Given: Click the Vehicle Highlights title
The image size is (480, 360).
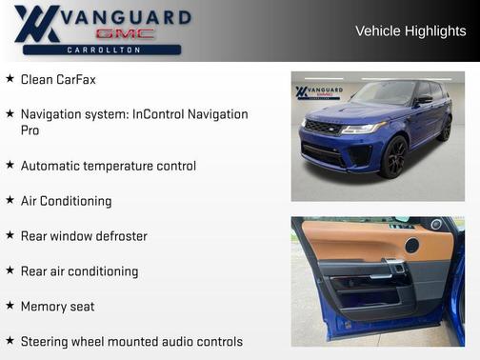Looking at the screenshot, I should tap(410, 31).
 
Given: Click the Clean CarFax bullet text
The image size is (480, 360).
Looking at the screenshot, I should tap(58, 79).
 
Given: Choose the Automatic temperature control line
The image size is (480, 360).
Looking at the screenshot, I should tap(108, 166).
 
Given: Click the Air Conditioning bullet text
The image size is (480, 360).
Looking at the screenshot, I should tap(66, 201).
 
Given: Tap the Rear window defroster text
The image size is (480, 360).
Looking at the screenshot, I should tap(84, 236).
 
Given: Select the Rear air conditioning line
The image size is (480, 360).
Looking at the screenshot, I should tap(79, 271).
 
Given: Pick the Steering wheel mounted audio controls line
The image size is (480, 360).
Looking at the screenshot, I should tap(131, 342).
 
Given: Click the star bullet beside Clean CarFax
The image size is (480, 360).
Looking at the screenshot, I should tap(10, 79).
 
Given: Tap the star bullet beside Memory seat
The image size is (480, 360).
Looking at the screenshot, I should tap(10, 306).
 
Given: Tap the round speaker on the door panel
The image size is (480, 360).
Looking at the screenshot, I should tap(411, 246).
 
